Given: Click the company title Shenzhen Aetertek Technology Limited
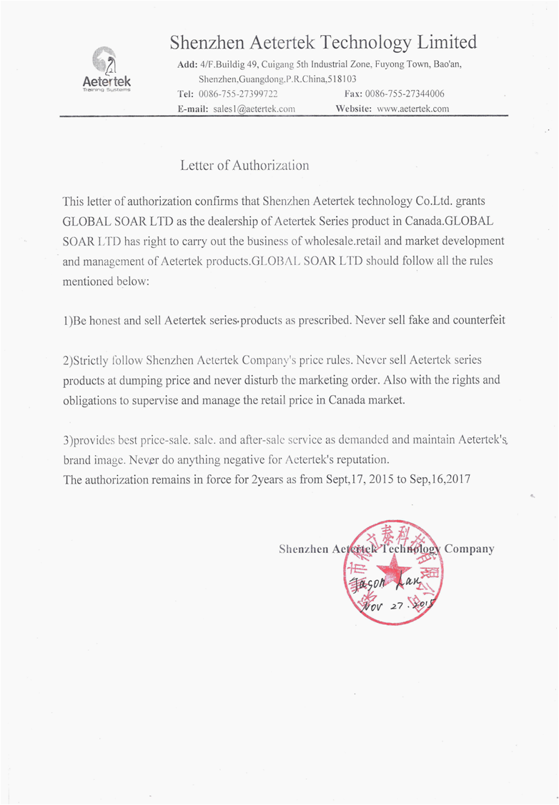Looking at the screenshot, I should pos(323,42).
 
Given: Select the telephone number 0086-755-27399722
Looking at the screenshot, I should pos(238,94).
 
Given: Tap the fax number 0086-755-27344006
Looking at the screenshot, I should pos(405,94).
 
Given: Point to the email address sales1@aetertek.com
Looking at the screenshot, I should pos(254,109).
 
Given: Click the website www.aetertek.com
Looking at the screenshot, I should pos(412,109).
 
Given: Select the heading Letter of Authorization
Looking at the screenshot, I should pos(244,166).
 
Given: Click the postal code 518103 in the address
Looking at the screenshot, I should pos(342,79).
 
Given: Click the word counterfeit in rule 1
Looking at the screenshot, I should pos(478,320).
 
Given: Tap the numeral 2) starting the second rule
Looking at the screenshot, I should pos(68,360).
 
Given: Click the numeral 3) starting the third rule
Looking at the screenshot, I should pos(68,440).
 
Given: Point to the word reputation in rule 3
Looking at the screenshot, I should pos(360,460).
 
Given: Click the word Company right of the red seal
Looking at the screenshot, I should pos(470,549).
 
